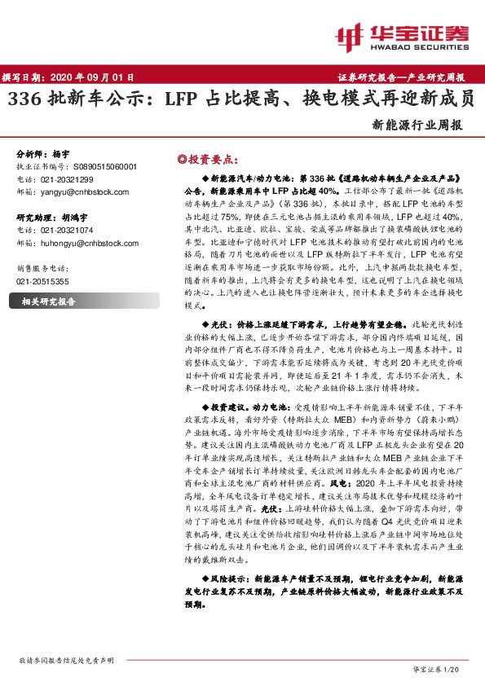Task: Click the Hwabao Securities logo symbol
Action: click(350, 36)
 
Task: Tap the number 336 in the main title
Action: click(24, 100)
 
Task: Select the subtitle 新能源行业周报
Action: click(417, 126)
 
